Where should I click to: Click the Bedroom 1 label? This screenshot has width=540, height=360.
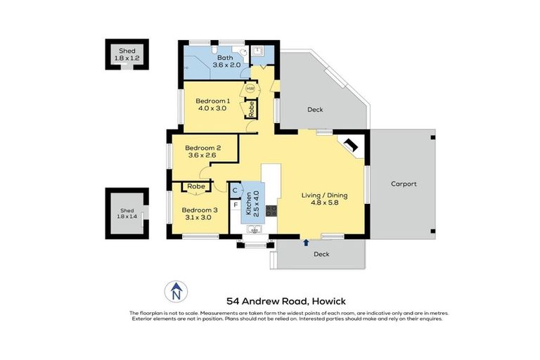click(212, 100)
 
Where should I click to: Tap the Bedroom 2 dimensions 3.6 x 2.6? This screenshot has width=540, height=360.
click(203, 155)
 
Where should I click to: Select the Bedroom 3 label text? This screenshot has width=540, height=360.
click(200, 210)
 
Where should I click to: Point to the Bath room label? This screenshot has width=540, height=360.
click(225, 57)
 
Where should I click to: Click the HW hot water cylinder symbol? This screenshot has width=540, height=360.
click(250, 89)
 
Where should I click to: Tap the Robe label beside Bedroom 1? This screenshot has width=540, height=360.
click(250, 109)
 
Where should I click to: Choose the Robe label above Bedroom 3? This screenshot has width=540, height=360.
click(196, 186)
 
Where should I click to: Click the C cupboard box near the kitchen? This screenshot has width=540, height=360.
click(236, 190)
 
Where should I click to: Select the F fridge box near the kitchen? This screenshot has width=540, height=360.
click(236, 205)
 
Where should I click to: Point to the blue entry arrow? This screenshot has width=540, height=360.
click(305, 243)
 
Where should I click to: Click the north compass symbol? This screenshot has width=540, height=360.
click(176, 290)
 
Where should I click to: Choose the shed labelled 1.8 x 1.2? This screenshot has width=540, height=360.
click(127, 54)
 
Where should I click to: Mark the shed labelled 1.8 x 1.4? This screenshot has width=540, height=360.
click(127, 214)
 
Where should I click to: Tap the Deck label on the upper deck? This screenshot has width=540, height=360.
click(315, 110)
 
